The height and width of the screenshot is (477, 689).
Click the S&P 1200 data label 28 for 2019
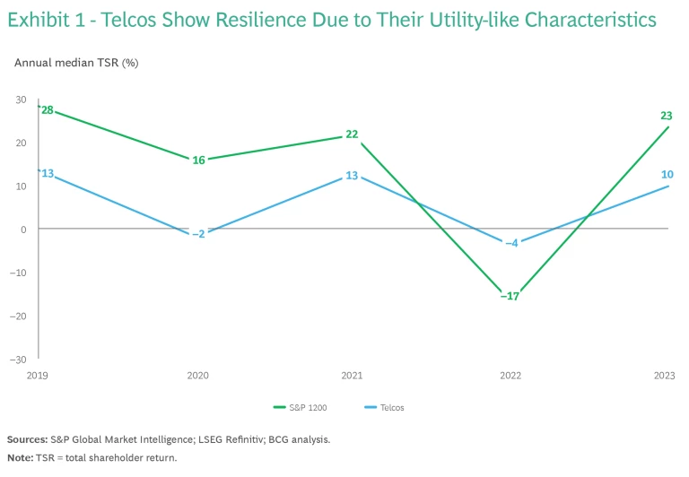click(x=48, y=110)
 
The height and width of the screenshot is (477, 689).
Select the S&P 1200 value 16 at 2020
click(x=199, y=160)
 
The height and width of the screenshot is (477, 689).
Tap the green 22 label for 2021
click(x=352, y=134)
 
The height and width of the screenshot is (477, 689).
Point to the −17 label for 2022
click(x=510, y=296)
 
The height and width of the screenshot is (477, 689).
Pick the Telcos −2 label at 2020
click(x=198, y=234)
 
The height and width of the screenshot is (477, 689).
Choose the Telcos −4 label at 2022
click(x=510, y=243)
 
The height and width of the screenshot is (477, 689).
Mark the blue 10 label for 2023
click(x=667, y=174)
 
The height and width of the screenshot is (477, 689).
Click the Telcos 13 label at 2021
click(x=352, y=176)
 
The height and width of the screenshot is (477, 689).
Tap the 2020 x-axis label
click(x=198, y=375)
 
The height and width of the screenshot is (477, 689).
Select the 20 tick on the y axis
click(x=21, y=143)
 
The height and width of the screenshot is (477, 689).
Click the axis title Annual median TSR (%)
click(x=76, y=63)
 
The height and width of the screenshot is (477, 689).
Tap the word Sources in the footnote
click(x=27, y=439)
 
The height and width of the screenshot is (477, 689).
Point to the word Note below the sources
click(x=21, y=457)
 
